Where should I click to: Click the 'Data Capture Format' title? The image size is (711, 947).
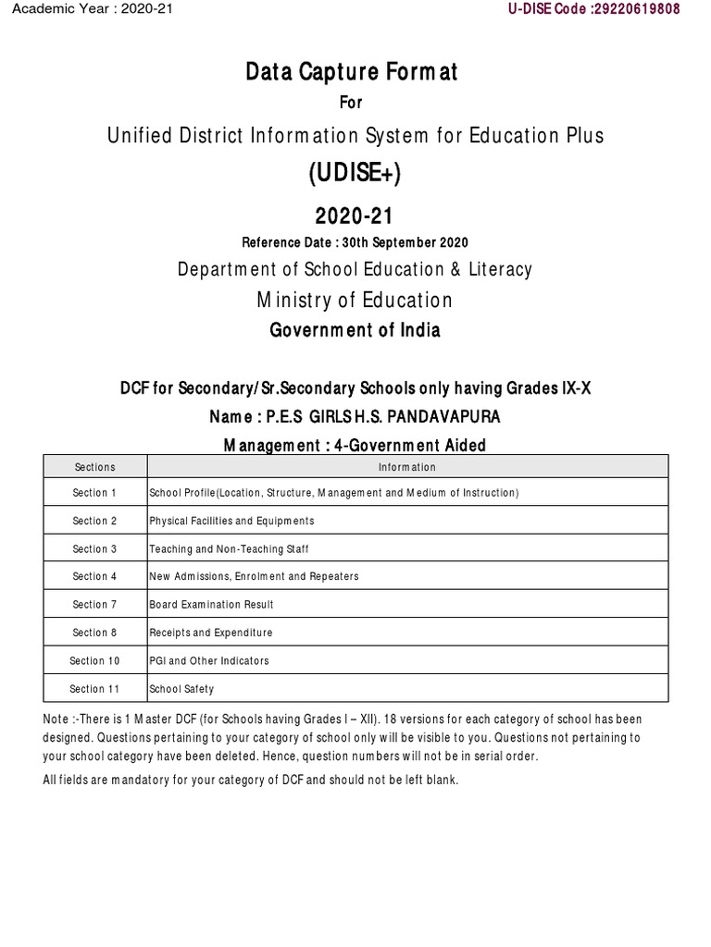coord(351,70)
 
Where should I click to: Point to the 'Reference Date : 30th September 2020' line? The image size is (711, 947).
coord(355,242)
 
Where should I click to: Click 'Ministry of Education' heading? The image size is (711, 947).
coord(355,300)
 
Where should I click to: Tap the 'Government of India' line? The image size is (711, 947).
coord(355,330)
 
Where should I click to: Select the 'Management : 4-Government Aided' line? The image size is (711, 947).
coord(355,446)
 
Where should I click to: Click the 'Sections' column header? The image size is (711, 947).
coord(94,467)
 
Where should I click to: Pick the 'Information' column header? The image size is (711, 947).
coord(407,467)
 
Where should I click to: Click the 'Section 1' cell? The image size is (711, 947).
coord(94,494)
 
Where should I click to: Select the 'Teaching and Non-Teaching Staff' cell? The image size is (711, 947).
coord(230,549)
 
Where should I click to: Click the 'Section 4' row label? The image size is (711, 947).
coord(94,577)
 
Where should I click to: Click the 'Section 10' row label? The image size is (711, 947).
coord(94,660)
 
